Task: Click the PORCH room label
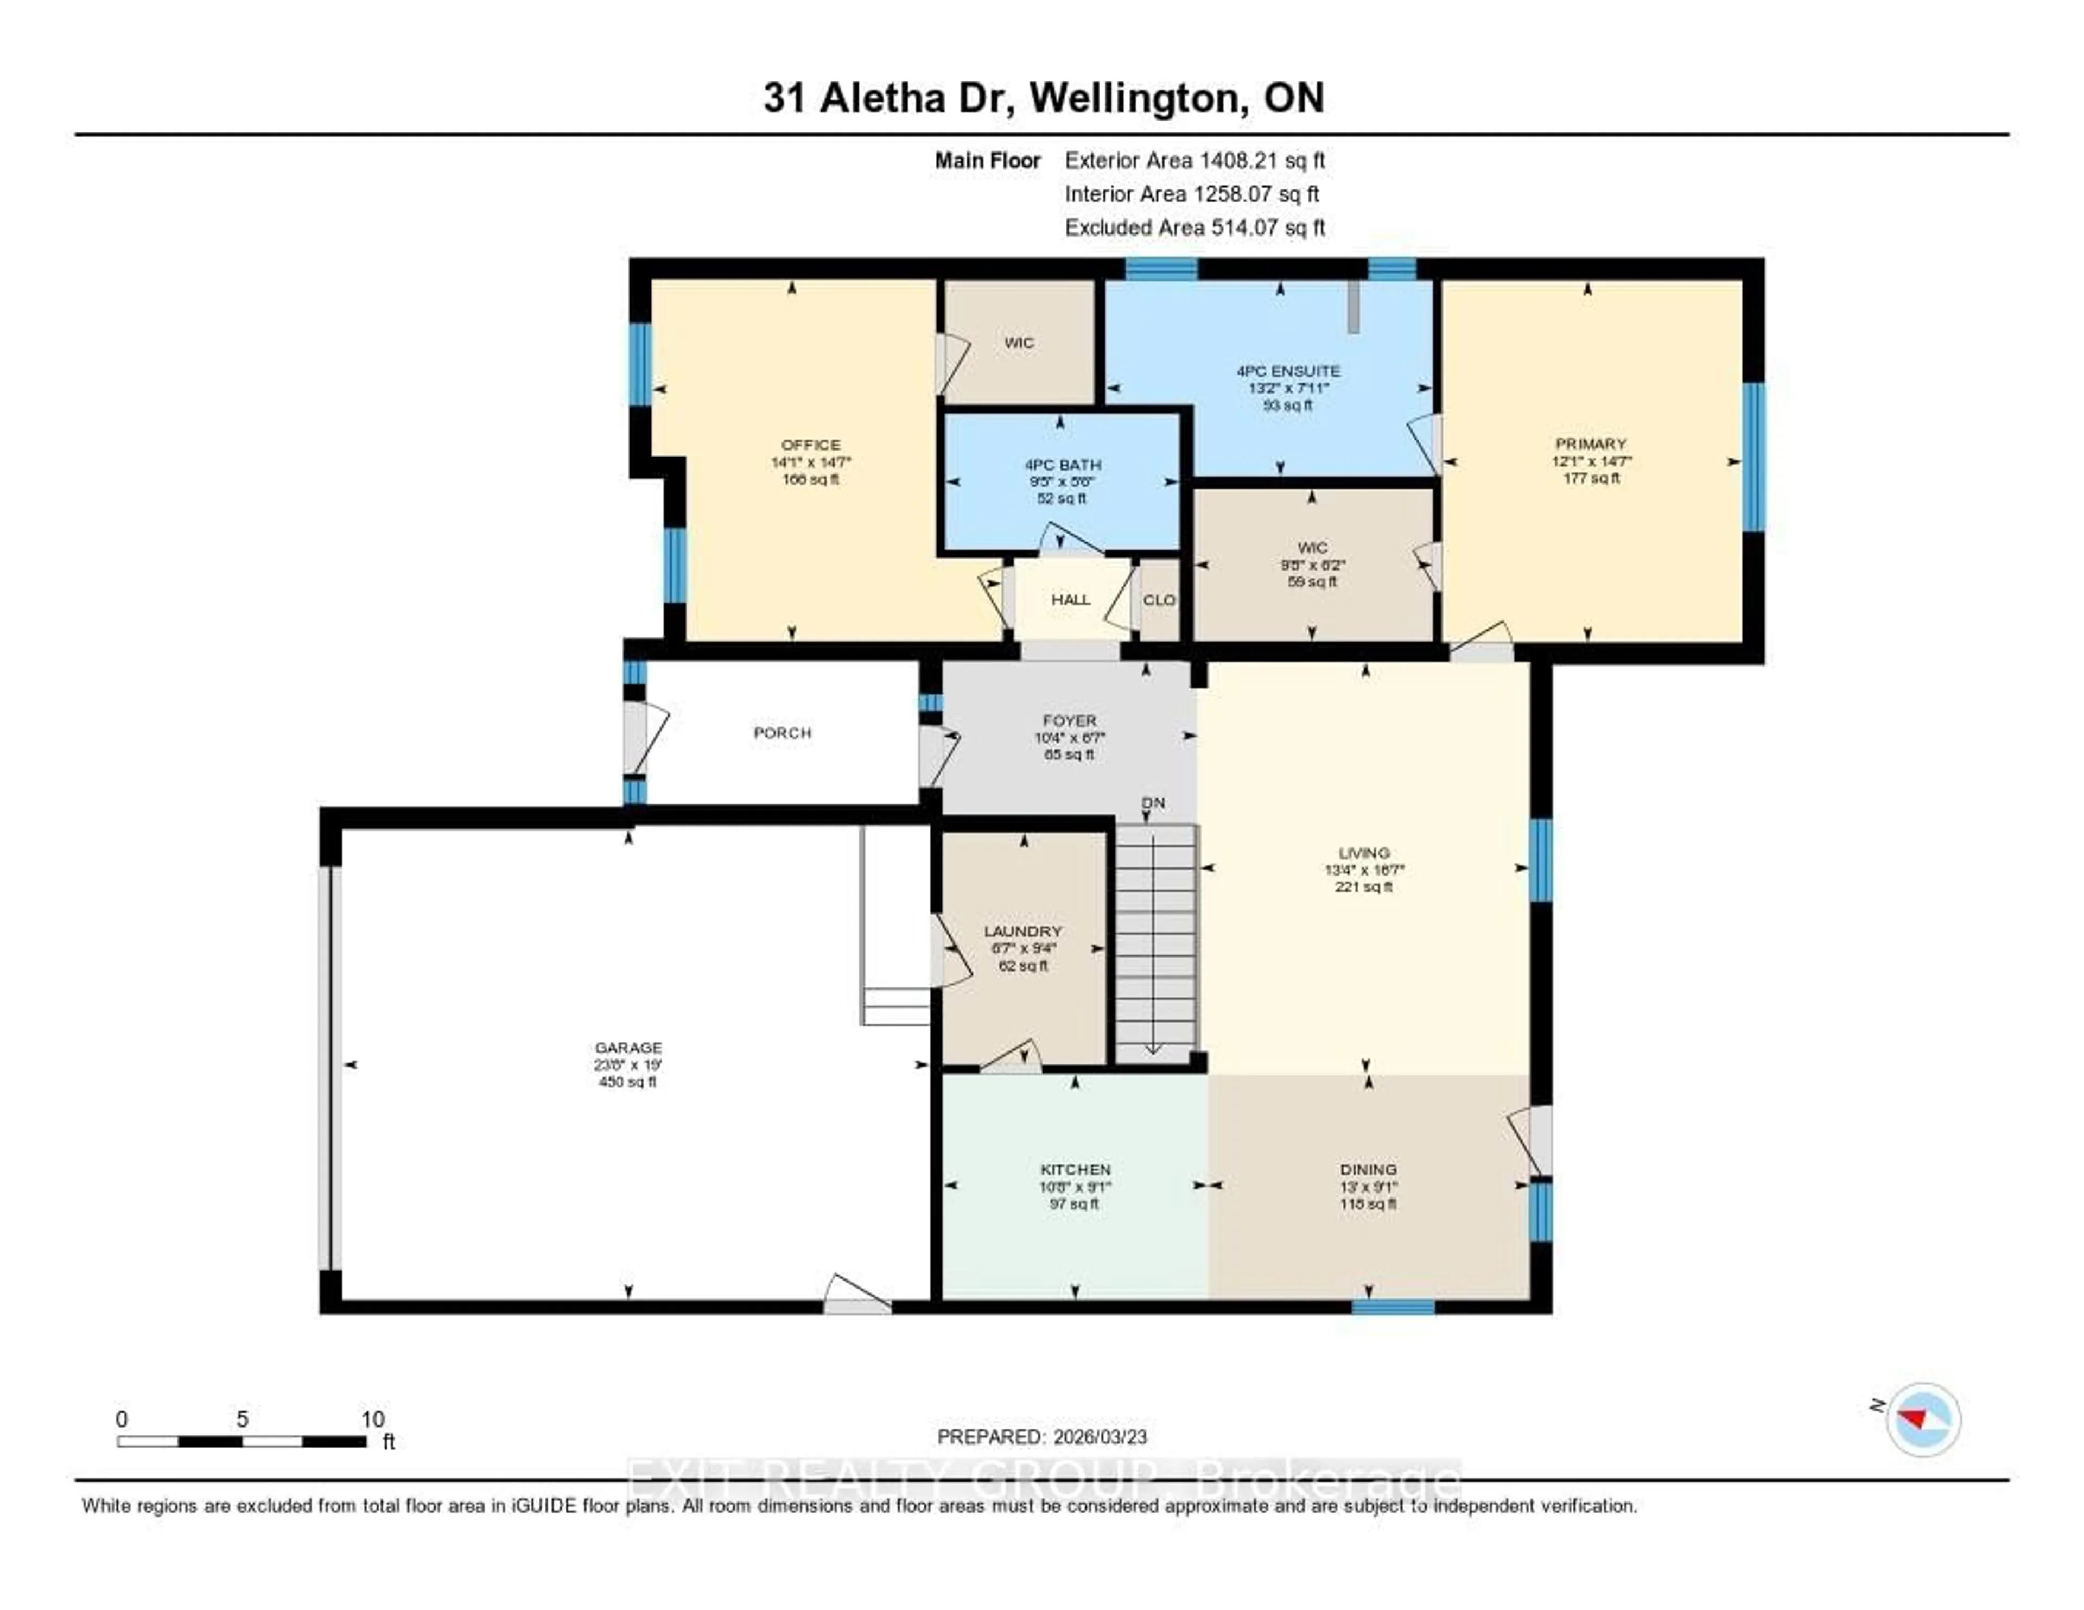tap(783, 733)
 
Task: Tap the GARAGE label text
tap(628, 1047)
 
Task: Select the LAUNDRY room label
tap(1023, 930)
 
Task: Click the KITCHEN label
tap(1076, 1169)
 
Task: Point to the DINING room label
tap(1368, 1169)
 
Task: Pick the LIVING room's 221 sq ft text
tap(1364, 886)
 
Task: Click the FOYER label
tap(1070, 720)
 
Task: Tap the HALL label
tap(1071, 599)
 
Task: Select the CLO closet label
tap(1159, 599)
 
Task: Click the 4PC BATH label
tap(1063, 465)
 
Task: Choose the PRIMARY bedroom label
tap(1591, 444)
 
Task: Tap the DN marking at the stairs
tap(1154, 803)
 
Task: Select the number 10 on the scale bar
tap(372, 1419)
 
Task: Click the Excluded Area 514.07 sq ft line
tap(1195, 227)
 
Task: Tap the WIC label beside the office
tap(1019, 343)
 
